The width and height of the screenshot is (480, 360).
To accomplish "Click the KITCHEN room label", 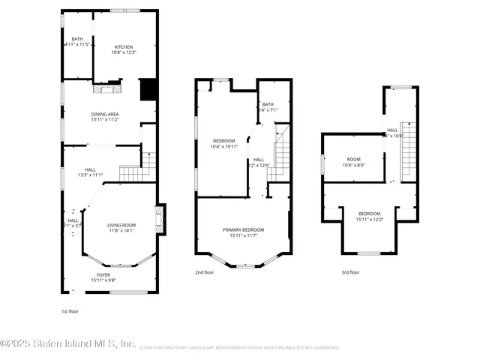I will [123, 46].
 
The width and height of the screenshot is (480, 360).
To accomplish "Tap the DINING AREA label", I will [106, 114].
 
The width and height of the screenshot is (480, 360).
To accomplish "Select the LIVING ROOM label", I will [121, 225].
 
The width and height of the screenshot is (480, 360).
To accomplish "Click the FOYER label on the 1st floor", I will [103, 275].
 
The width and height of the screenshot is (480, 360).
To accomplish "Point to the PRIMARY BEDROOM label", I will [241, 230].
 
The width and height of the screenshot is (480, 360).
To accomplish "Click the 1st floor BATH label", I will [76, 39].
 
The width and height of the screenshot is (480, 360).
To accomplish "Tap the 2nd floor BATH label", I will [268, 105].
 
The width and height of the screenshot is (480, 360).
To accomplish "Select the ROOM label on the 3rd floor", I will [353, 160].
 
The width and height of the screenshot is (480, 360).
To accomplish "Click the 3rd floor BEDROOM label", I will [369, 213].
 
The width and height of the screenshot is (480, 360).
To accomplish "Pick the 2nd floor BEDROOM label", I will [224, 141].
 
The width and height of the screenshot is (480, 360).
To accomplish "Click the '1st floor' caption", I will [70, 310].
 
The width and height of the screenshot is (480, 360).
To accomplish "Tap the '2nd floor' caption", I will [204, 272].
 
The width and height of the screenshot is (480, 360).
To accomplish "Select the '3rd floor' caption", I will [350, 272].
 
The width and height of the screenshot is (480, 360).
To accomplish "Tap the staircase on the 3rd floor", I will [408, 150].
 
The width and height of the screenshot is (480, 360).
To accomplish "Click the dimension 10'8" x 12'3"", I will [123, 52].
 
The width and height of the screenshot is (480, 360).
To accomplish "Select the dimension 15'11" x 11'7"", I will [241, 236].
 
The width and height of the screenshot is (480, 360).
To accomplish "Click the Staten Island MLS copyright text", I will [68, 344].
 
